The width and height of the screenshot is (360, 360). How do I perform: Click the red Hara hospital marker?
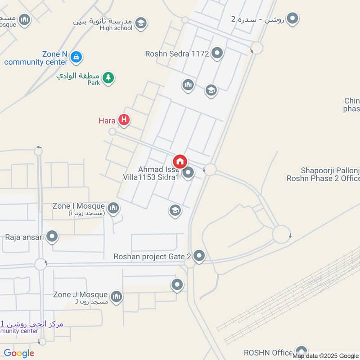pyautogui.click(x=124, y=120)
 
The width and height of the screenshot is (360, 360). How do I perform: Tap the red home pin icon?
pyautogui.click(x=180, y=161)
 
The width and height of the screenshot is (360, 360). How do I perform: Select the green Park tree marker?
pyautogui.click(x=108, y=78)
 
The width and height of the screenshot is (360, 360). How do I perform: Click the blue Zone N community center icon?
pyautogui.click(x=76, y=57)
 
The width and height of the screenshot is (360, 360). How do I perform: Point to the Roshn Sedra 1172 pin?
pyautogui.click(x=217, y=54)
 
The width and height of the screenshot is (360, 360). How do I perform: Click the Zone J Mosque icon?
pyautogui.click(x=117, y=297)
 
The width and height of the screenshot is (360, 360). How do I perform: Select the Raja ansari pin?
pyautogui.click(x=53, y=236)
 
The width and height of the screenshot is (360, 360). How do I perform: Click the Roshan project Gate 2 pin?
pyautogui.click(x=199, y=256)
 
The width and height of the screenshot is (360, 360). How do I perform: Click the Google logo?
pyautogui.click(x=19, y=353)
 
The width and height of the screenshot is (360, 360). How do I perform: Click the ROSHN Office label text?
pyautogui.click(x=269, y=352)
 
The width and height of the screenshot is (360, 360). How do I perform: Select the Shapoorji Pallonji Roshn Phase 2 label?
pyautogui.click(x=324, y=174)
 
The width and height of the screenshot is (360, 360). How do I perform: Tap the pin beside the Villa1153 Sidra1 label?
pyautogui.click(x=189, y=172)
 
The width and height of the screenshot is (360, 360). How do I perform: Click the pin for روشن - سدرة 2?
pyautogui.click(x=293, y=18)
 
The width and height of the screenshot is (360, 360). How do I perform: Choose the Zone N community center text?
pyautogui.click(x=36, y=58)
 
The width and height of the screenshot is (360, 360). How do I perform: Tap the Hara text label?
pyautogui.click(x=107, y=121)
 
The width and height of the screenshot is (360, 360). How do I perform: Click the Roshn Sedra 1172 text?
pyautogui.click(x=177, y=54)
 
